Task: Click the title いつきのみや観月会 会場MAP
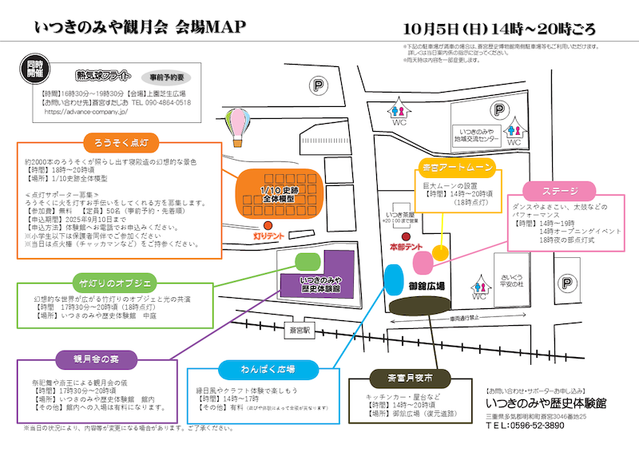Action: [141, 26]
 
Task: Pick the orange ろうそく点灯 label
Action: [121, 141]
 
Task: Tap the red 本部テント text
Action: [406, 248]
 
